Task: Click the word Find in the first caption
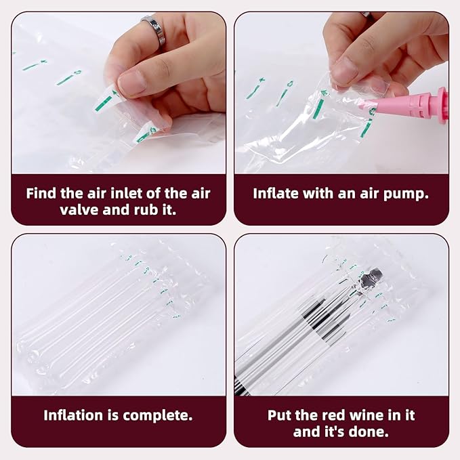(41, 193)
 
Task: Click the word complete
(159, 414)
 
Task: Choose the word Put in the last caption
(281, 415)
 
